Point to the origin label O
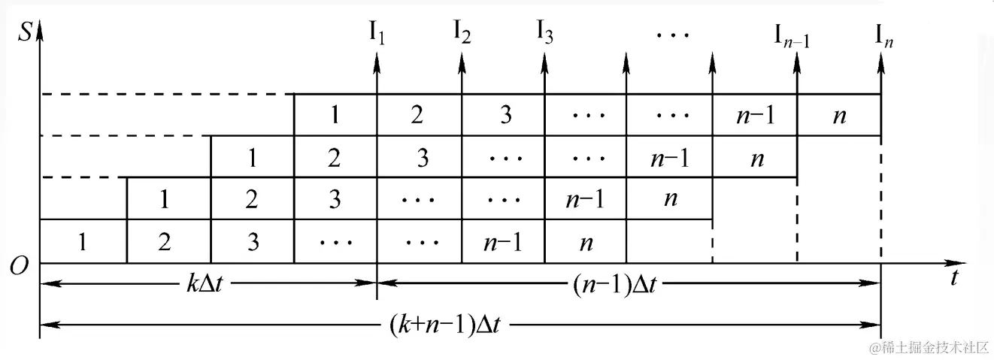(20, 265)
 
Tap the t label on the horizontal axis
(953, 279)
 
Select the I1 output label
(377, 33)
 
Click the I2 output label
(462, 33)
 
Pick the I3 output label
(545, 33)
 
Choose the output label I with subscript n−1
(792, 35)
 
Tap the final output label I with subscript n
(884, 35)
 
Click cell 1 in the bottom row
(82, 242)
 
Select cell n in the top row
(838, 116)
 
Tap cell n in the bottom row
(586, 242)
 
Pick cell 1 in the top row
(335, 116)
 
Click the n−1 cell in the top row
(754, 116)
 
